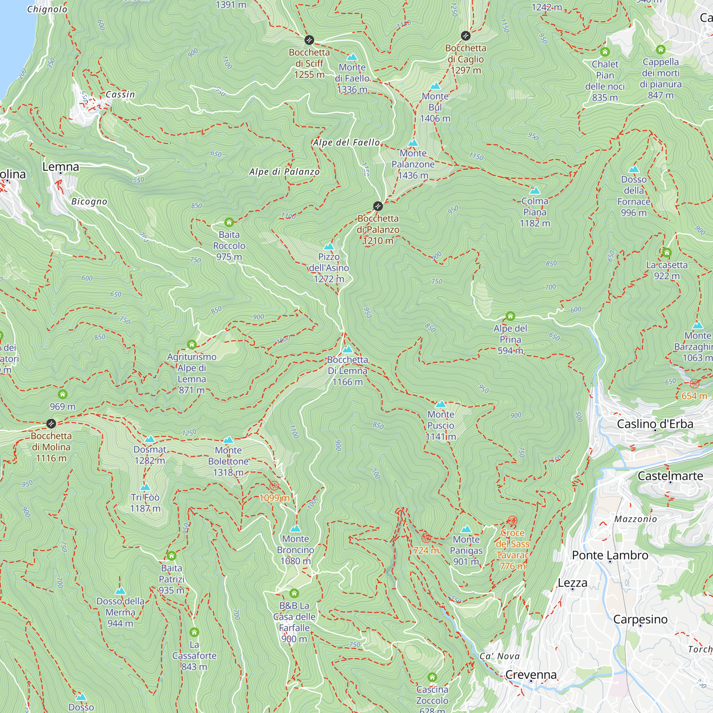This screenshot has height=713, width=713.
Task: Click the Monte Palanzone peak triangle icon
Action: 413,143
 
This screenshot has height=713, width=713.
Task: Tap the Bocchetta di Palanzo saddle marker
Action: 378,206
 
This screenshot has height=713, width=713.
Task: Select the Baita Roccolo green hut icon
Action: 229,222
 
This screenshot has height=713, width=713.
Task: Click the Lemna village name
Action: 61,167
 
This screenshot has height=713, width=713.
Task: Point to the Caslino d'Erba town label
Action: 655,424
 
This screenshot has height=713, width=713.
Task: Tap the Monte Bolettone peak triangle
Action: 229,440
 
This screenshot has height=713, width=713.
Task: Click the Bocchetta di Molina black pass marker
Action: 51,423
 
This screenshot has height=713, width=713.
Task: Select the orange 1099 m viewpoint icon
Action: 274,485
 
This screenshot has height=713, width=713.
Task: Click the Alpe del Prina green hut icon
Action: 510,316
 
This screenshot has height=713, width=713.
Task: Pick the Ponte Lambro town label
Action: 610,555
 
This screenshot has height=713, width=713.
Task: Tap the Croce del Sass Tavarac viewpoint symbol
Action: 512,521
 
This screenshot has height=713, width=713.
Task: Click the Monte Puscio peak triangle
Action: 441,404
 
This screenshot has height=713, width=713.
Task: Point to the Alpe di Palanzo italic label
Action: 284,171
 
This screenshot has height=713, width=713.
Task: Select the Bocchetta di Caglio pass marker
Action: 465,36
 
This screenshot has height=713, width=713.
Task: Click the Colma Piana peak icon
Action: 534,191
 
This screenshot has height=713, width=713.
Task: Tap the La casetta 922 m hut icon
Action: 667,253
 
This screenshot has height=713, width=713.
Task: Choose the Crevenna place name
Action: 531,674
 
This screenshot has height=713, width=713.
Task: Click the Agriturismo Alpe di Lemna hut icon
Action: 191,344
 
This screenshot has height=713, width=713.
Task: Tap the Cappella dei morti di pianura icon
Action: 661,49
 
